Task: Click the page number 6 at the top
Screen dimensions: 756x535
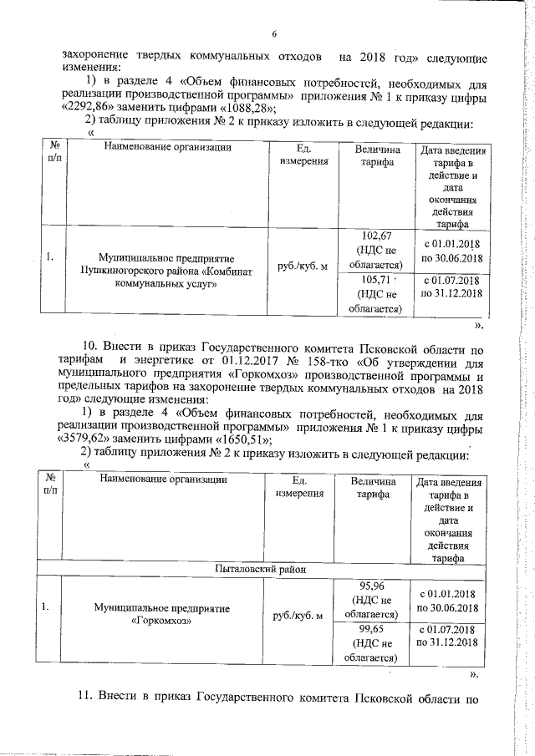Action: [x=273, y=33]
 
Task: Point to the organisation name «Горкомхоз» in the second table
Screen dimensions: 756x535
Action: [x=162, y=622]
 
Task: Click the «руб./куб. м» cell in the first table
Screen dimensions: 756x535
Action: [x=299, y=265]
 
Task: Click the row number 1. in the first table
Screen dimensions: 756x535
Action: [x=50, y=257]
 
